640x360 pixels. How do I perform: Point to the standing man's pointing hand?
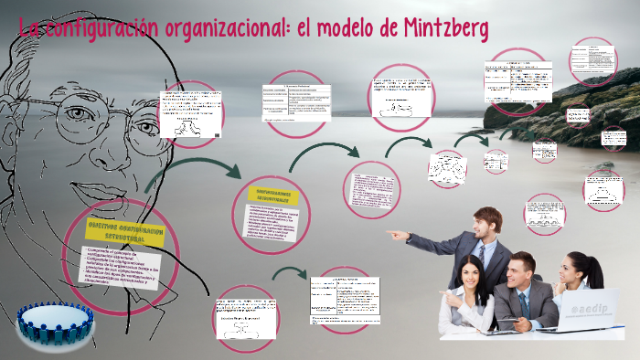pyautogui.click(x=396, y=235)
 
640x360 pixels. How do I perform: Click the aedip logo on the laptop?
pyautogui.click(x=583, y=309)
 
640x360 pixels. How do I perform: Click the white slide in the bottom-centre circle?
pyautogui.click(x=244, y=316)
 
